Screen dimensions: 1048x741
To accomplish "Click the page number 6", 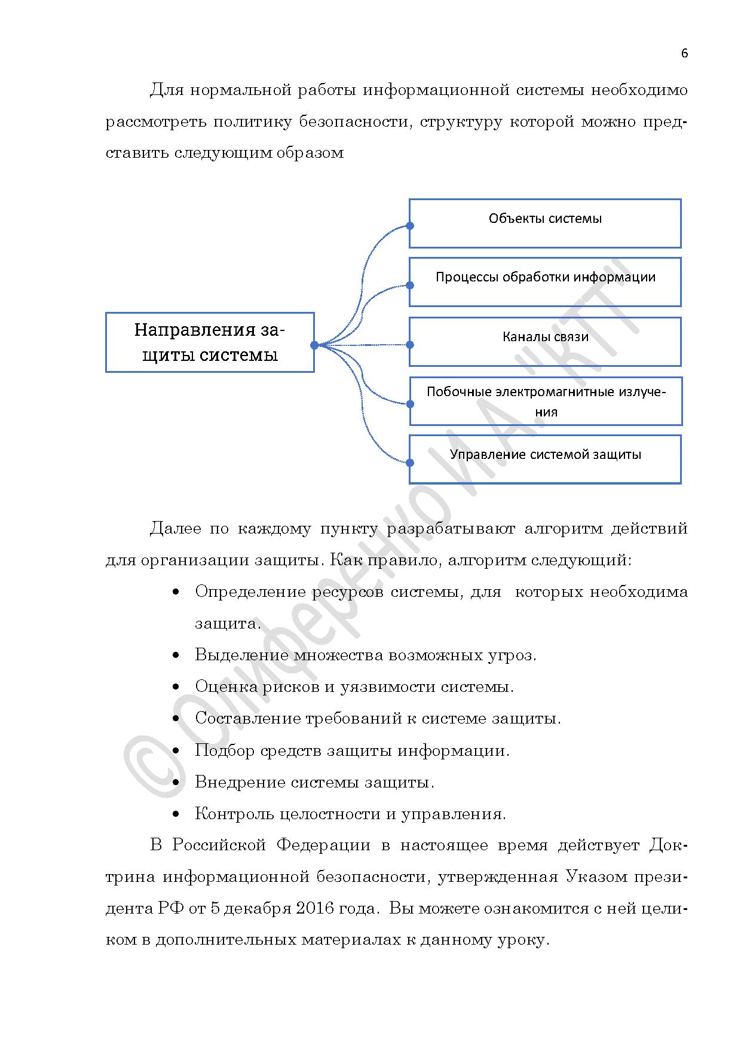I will pos(684,53).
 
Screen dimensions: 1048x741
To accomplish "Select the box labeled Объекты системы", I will pos(544,223).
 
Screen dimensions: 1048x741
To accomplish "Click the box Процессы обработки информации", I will pos(544,281).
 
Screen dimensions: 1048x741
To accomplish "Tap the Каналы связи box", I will pos(544,341).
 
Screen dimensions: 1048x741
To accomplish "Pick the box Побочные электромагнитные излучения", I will pos(545,401).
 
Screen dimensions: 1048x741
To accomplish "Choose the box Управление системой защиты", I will pos(544,459).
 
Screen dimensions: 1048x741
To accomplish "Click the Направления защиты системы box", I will pos(210,342).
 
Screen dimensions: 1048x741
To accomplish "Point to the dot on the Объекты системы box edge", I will pos(410,226).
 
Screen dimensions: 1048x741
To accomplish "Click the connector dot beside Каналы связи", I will pos(410,345).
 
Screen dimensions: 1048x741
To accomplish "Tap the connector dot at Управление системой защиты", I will pos(410,462).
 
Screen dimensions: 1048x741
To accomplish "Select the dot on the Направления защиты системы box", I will pos(314,345).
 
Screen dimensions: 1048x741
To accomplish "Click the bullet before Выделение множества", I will pos(176,656).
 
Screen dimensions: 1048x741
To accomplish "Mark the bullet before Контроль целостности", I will pos(176,814).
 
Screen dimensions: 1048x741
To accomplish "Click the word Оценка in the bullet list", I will pos(225,687).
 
